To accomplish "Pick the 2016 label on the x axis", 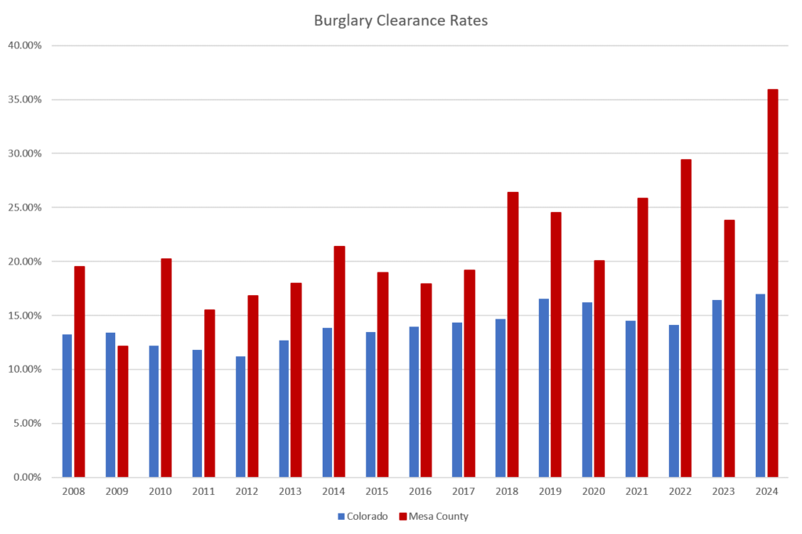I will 420,491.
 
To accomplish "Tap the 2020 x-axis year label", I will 593,491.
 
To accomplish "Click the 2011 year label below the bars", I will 204,491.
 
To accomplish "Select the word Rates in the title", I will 469,21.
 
